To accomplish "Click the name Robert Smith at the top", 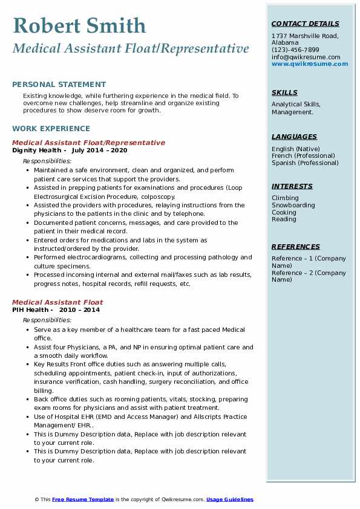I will tap(79, 25).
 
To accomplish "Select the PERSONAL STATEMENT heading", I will tap(59, 85).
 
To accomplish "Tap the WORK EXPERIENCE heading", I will tap(51, 129).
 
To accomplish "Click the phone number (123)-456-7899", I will tap(295, 50).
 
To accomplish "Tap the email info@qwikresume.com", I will tap(306, 57).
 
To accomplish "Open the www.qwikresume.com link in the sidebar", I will tap(310, 63).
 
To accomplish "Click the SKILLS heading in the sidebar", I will tap(284, 92).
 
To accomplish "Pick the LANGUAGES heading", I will tap(294, 137).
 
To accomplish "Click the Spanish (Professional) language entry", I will tap(305, 163).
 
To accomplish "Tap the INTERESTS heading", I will tap(292, 186).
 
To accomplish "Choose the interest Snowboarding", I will tap(293, 206).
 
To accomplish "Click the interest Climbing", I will tap(285, 198).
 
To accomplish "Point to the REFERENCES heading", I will tap(296, 247).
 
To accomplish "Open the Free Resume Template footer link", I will tap(83, 499).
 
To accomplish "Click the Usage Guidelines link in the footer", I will tap(230, 499).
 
